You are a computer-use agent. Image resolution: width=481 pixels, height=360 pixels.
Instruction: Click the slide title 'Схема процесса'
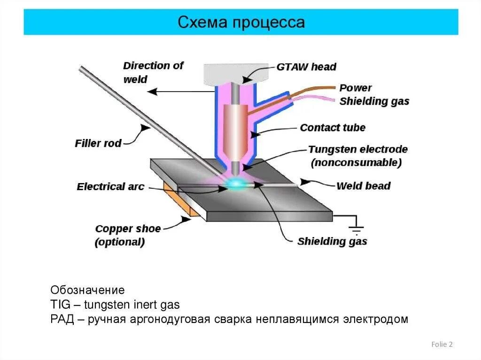click(x=241, y=22)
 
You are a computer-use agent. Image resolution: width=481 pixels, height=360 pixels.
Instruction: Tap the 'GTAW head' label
click(x=306, y=67)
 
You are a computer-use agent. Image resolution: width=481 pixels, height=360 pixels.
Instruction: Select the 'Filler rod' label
click(x=98, y=143)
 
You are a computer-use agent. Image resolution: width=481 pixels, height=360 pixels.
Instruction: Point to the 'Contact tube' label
click(x=333, y=128)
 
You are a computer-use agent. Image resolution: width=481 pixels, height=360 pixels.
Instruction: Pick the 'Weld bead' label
click(x=363, y=186)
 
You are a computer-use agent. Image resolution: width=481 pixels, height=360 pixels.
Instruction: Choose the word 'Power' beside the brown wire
click(x=355, y=88)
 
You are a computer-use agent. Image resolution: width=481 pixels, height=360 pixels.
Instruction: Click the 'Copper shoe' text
click(x=128, y=229)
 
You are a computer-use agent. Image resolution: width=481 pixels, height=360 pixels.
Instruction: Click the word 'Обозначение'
click(x=87, y=290)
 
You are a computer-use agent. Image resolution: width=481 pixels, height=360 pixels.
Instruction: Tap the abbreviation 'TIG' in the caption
click(x=60, y=305)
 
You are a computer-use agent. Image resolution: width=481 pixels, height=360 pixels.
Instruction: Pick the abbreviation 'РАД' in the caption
click(x=61, y=320)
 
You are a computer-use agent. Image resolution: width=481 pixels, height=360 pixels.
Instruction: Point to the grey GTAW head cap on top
click(x=238, y=74)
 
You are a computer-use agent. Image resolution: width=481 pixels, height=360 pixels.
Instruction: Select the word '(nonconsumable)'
click(x=356, y=163)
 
